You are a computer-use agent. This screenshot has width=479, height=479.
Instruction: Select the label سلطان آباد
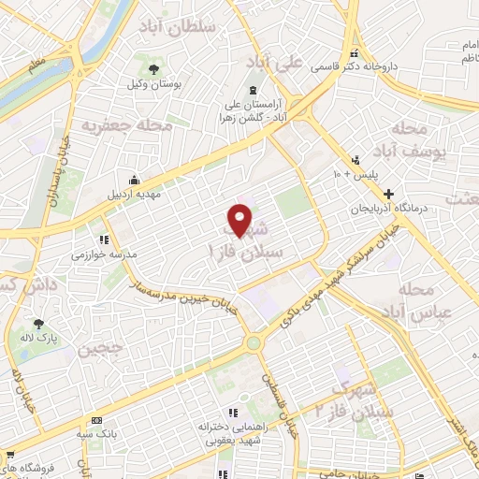tap(178, 25)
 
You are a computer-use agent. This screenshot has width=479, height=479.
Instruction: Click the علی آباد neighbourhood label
tap(274, 63)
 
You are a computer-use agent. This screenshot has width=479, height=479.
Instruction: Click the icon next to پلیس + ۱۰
tap(354, 160)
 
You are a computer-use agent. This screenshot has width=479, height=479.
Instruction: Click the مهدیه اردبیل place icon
tap(136, 181)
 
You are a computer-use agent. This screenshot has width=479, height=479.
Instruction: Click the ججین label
tap(101, 350)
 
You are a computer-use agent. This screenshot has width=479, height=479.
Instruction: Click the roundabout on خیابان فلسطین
tap(253, 343)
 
